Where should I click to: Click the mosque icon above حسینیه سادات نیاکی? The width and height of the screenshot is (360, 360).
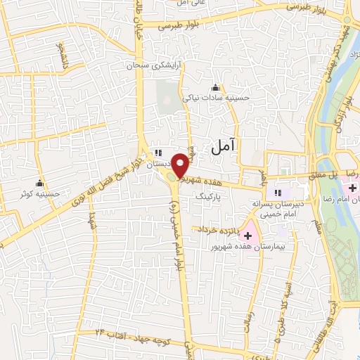pos(216,89)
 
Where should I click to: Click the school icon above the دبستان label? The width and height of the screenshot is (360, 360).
pos(158,152)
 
